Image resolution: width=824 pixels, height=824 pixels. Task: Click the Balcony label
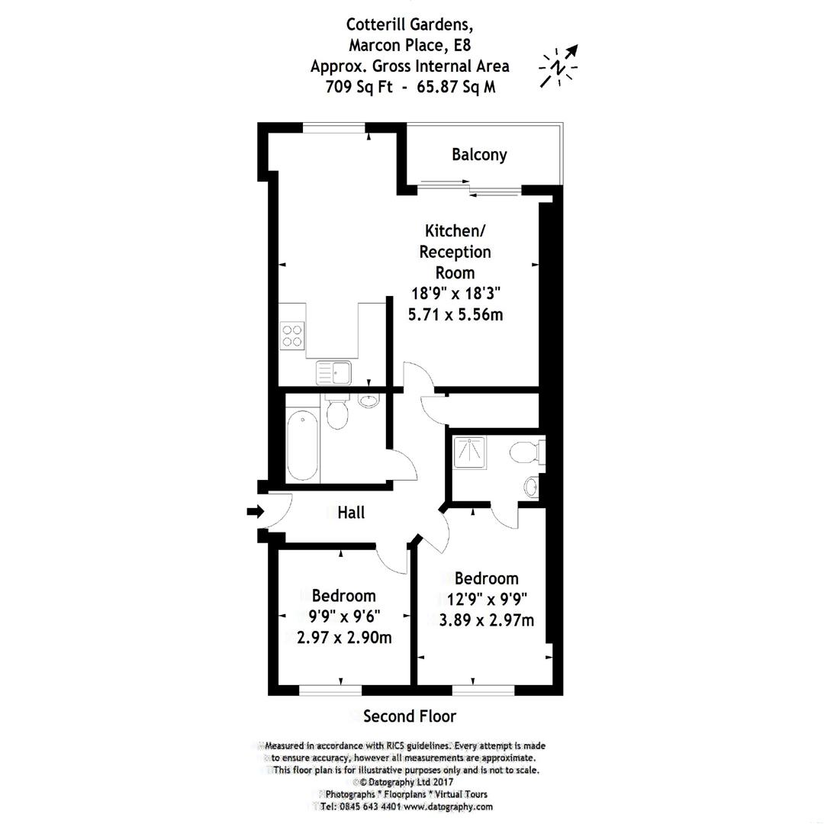click(x=479, y=155)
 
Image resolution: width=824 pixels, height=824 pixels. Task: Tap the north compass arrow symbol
click(x=561, y=66)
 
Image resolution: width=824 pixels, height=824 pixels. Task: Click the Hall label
click(x=351, y=513)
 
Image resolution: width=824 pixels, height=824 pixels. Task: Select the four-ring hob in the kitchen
click(x=291, y=336)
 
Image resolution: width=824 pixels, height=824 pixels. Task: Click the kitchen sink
click(x=333, y=373)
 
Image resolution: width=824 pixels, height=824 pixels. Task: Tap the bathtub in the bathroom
click(x=303, y=446)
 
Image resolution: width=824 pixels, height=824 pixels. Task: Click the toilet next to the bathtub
click(x=336, y=412)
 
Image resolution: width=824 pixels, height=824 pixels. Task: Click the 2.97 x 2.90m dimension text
click(x=344, y=637)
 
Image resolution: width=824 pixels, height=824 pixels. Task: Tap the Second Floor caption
click(x=410, y=716)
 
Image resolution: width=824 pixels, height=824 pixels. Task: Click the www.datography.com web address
click(x=448, y=806)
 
